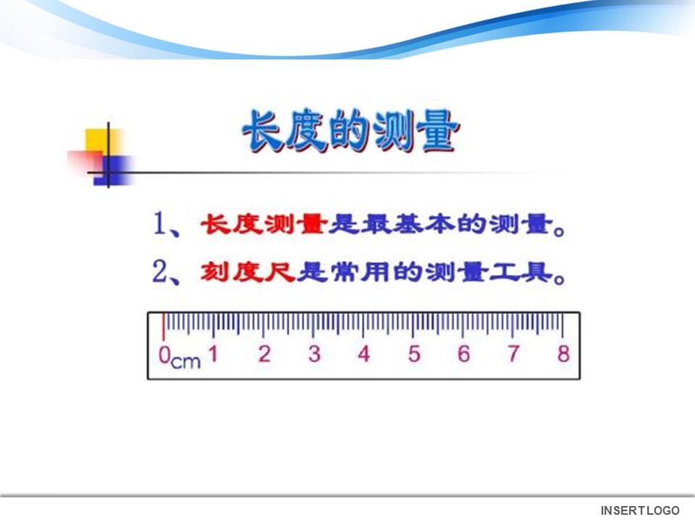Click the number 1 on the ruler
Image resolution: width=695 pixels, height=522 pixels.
[214, 355]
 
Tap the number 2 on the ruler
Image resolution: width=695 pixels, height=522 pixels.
[264, 355]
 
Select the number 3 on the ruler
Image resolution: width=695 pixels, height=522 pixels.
[314, 355]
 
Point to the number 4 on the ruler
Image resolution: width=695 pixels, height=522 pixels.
[364, 355]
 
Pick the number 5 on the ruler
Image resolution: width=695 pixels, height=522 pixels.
[414, 355]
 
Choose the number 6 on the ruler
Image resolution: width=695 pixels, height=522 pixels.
[464, 355]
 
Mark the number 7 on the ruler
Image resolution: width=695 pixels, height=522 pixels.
[513, 355]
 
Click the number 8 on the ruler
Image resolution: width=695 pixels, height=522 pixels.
[563, 355]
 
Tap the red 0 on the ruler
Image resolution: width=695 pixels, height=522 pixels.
[164, 355]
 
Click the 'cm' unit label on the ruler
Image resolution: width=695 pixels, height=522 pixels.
[186, 360]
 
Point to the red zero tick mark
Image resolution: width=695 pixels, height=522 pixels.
[164, 326]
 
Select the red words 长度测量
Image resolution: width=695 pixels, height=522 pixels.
[264, 225]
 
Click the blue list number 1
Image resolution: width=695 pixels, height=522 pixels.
[160, 225]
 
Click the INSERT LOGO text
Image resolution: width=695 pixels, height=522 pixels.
[640, 510]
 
